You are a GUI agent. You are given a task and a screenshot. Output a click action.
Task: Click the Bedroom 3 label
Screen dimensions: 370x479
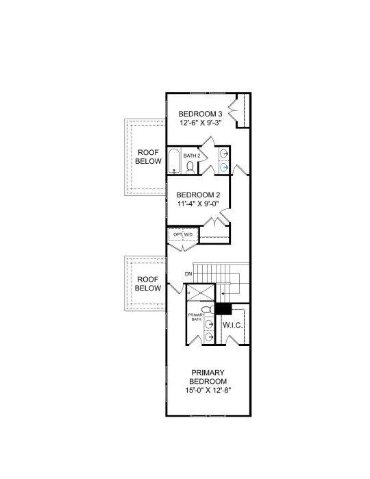tap(200, 114)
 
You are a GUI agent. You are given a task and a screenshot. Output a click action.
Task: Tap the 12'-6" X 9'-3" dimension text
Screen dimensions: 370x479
tap(200, 123)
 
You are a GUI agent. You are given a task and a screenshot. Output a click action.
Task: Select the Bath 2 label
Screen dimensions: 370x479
tap(192, 156)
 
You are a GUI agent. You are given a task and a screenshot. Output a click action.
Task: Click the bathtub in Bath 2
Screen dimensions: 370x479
tap(174, 161)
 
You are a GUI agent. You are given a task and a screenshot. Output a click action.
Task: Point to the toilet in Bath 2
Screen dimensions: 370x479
tap(190, 168)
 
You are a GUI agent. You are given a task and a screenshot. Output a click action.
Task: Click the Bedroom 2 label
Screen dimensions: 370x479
tap(198, 195)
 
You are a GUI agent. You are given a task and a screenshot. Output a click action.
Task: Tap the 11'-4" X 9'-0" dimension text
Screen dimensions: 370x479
tap(198, 204)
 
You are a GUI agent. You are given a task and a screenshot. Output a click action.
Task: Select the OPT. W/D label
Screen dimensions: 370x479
tap(183, 234)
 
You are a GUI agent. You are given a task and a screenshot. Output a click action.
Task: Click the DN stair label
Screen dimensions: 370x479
tap(188, 273)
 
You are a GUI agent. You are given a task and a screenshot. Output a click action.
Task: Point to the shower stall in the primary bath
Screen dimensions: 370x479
tap(201, 293)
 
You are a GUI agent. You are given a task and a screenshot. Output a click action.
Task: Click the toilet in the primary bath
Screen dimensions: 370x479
tap(208, 310)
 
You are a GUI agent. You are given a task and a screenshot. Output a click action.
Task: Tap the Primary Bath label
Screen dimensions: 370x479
tap(196, 317)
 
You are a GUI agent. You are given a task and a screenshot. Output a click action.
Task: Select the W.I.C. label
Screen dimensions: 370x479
tap(233, 325)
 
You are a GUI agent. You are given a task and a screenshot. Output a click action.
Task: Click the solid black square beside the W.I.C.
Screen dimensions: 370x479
tap(223, 308)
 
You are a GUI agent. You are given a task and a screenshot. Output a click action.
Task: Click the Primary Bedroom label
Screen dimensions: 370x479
tap(208, 377)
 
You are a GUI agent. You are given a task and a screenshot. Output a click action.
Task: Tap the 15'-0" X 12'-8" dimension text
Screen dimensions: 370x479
tap(208, 390)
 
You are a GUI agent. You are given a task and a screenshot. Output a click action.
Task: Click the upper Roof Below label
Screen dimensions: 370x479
tap(148, 157)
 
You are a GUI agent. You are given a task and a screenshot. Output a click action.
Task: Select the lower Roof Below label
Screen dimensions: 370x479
tap(148, 284)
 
